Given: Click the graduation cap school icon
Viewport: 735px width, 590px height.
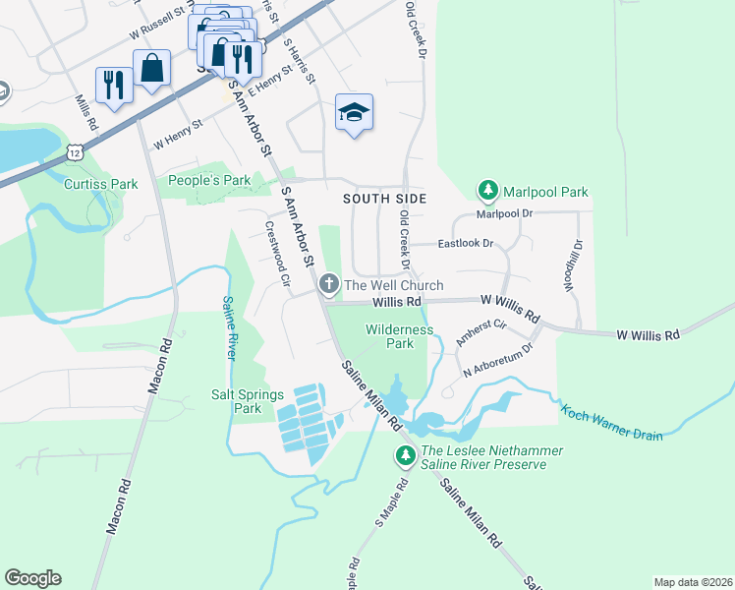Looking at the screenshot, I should tap(355, 111).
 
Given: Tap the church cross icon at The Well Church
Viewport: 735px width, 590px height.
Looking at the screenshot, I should tap(329, 285).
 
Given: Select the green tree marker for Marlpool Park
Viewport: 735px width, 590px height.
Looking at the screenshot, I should tap(486, 190).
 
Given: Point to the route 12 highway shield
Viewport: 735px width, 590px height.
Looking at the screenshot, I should tap(75, 152).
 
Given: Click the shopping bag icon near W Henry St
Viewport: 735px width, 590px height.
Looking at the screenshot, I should tap(152, 69).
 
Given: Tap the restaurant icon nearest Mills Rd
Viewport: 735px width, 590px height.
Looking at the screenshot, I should tap(114, 86).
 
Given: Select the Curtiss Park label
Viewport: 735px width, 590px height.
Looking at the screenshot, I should tap(100, 184).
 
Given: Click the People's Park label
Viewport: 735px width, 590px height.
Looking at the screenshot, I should tap(209, 180).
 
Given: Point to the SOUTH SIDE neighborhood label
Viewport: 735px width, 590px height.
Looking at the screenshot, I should tap(384, 199).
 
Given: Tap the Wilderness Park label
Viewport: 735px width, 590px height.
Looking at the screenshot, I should tap(399, 336).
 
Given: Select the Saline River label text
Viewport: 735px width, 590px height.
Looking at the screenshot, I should tap(228, 327).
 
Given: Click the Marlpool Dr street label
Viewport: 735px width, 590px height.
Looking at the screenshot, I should tap(503, 213).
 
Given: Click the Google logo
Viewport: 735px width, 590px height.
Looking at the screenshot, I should tap(32, 578).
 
